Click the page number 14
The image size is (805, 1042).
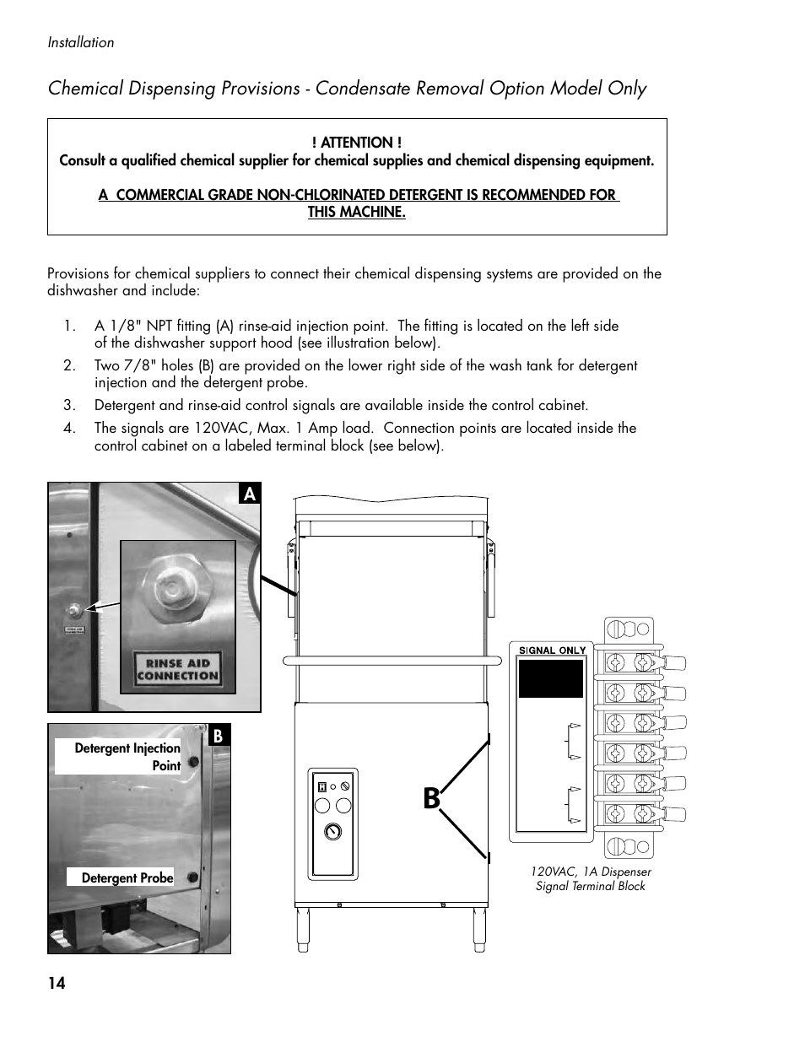(x=57, y=983)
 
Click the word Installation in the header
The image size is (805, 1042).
(x=81, y=43)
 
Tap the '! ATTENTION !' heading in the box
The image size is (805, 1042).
(x=356, y=143)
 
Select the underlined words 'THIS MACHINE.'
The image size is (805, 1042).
(x=356, y=212)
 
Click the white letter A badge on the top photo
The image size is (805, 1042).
(x=249, y=494)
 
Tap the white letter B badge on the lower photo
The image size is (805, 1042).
(x=218, y=736)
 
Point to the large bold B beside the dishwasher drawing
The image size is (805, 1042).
(x=431, y=797)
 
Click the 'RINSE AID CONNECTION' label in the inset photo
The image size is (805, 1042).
(x=177, y=669)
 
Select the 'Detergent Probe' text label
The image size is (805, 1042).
(x=127, y=877)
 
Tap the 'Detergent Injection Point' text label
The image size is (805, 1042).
(x=127, y=757)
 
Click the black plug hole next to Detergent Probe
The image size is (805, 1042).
(x=193, y=877)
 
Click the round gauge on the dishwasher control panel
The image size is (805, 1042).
(x=333, y=831)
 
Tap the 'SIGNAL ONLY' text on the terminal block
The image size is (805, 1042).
(x=552, y=651)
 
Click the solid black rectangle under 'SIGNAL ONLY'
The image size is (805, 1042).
(x=551, y=678)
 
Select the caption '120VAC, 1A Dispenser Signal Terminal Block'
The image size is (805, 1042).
(x=591, y=878)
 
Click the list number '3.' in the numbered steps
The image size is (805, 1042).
(x=70, y=405)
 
